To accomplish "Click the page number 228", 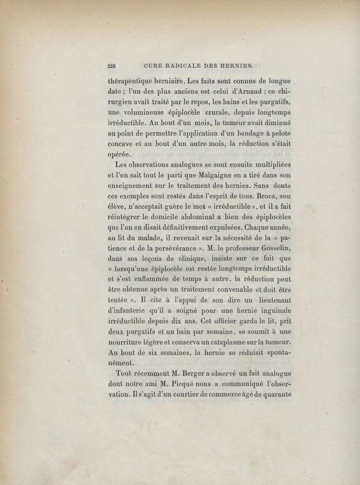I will pyautogui.click(x=112, y=66).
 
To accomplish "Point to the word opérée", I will pyautogui.click(x=120, y=154).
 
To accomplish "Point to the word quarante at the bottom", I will pyautogui.click(x=276, y=393).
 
